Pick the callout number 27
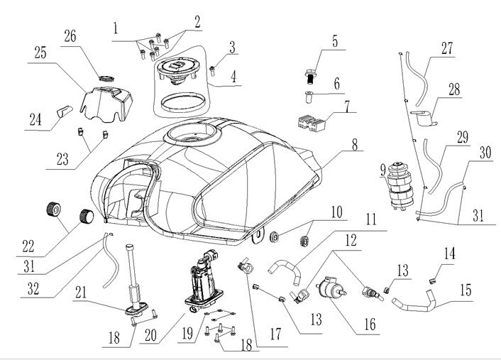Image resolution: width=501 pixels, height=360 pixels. (446, 49)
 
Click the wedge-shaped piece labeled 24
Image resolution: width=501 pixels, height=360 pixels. (67, 112)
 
